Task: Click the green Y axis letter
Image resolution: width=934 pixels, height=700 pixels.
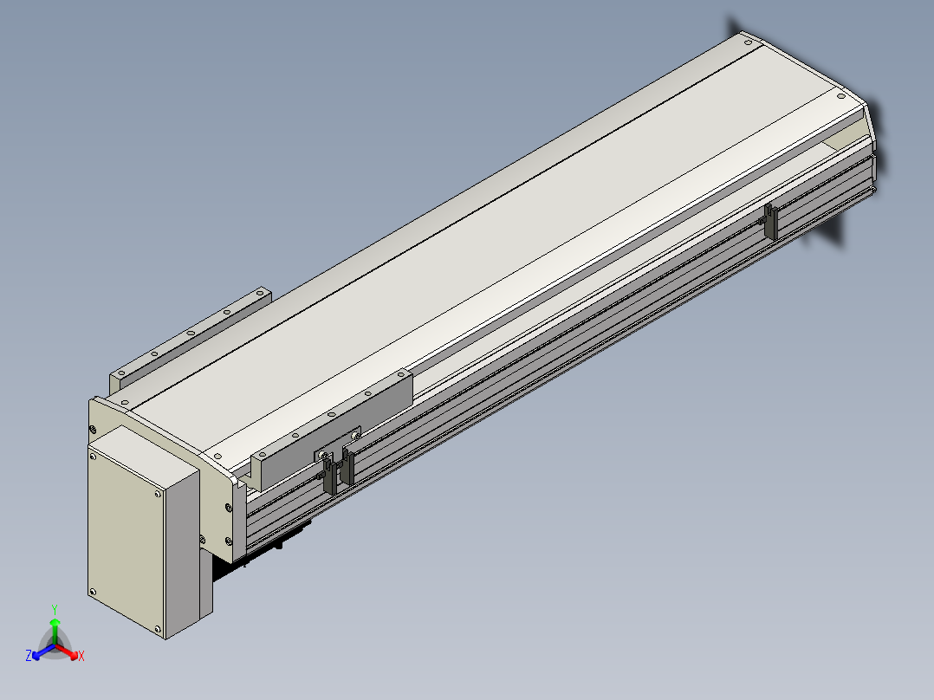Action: tap(55, 609)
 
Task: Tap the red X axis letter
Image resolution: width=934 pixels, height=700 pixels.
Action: tap(81, 656)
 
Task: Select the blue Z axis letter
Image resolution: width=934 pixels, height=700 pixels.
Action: tap(29, 656)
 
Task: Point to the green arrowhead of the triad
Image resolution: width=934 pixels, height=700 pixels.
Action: tap(55, 622)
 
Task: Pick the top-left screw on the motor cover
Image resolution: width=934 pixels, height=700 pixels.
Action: tap(93, 457)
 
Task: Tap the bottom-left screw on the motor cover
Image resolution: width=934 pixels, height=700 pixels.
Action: tap(93, 593)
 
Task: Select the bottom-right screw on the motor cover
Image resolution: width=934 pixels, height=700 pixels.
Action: tap(158, 628)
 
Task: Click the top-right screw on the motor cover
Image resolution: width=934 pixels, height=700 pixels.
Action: tap(158, 494)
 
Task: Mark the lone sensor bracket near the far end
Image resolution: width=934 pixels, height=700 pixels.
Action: tap(771, 222)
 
